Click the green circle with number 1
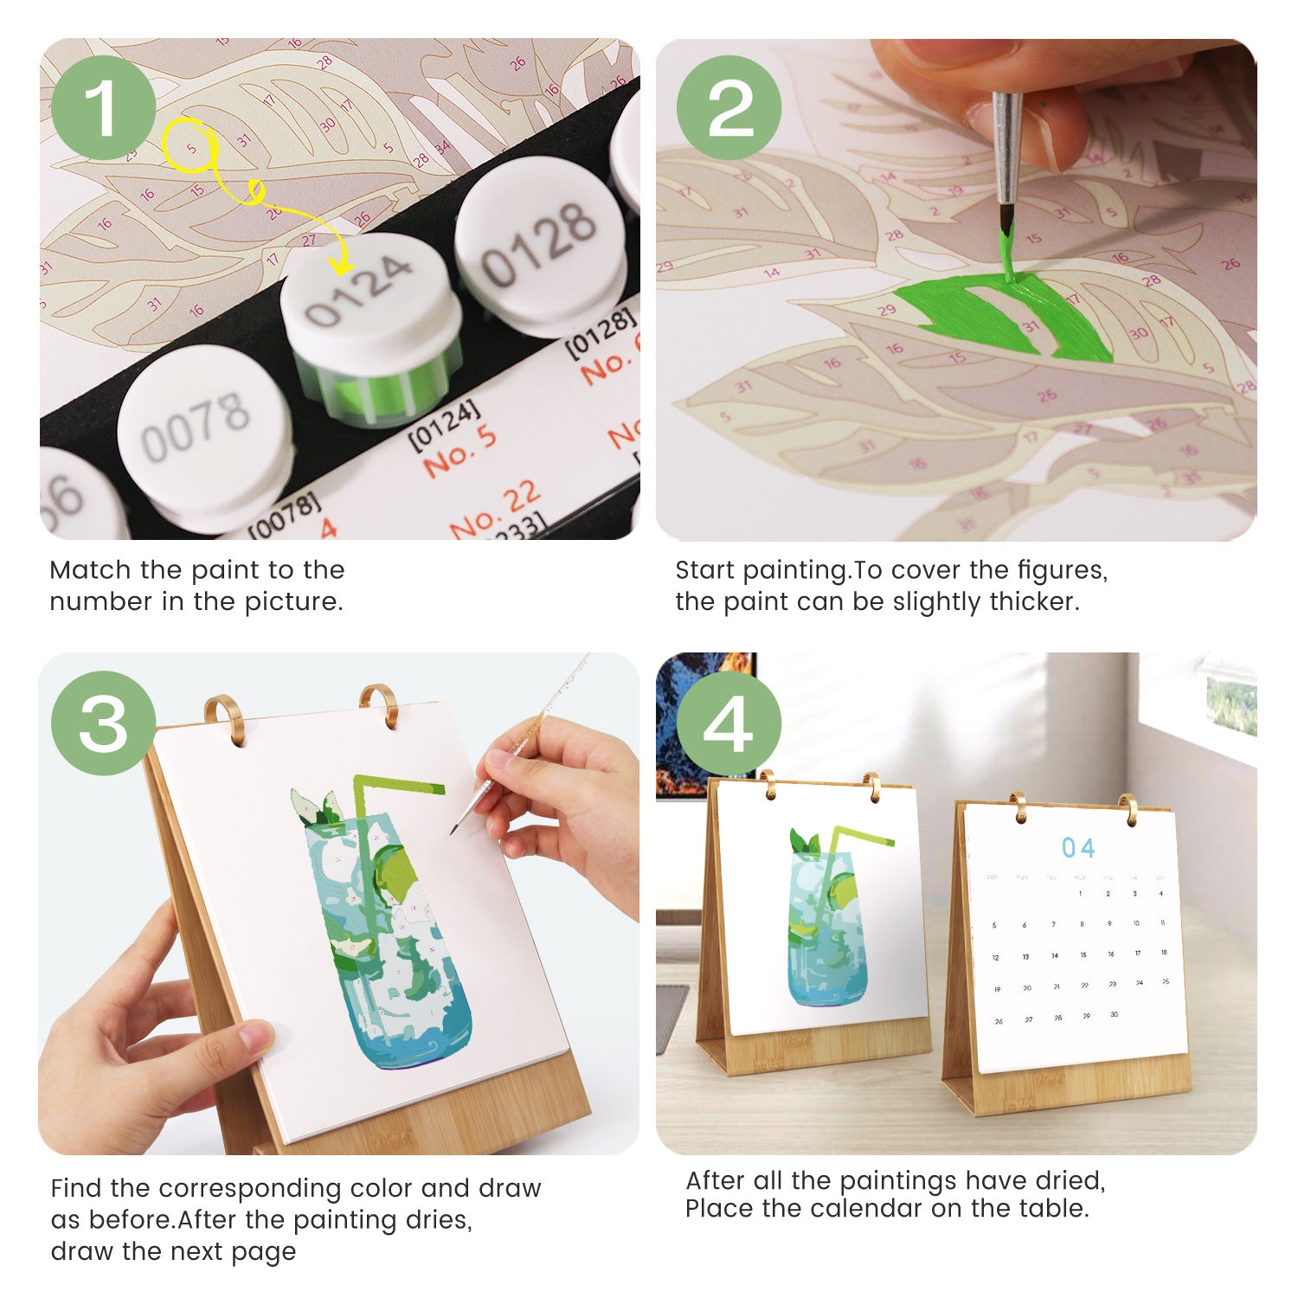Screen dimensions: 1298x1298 [103, 108]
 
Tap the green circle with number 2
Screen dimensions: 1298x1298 [729, 108]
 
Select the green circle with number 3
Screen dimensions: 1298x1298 [103, 723]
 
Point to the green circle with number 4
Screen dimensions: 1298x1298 [729, 723]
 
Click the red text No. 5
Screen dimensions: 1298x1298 [459, 451]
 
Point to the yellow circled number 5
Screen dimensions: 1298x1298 [190, 145]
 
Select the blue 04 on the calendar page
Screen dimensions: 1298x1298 [1078, 848]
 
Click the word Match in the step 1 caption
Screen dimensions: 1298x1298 [90, 570]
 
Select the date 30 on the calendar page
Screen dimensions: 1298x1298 [1114, 1014]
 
